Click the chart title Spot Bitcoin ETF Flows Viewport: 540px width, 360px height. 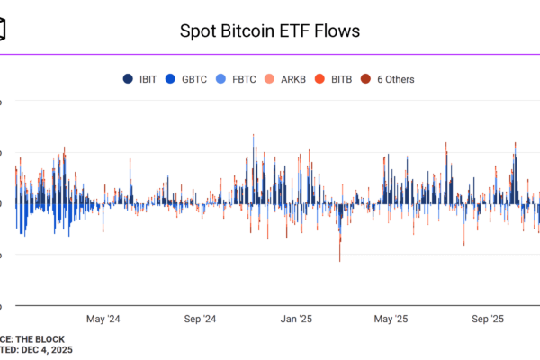pos(270,31)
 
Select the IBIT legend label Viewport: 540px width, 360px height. pos(148,79)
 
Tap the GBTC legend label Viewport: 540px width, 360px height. pos(194,79)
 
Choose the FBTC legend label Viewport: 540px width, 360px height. pos(244,79)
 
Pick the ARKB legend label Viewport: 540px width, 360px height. pos(293,79)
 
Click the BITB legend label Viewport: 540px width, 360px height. pos(342,79)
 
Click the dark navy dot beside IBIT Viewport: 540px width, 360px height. pos(130,79)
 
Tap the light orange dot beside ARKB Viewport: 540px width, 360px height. pos(274,79)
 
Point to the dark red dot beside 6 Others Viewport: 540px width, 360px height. pos(366,79)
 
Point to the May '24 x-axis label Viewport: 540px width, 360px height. pos(103,318)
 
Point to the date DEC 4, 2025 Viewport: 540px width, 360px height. pos(45,349)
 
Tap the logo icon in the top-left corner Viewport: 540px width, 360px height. pos(4,31)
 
